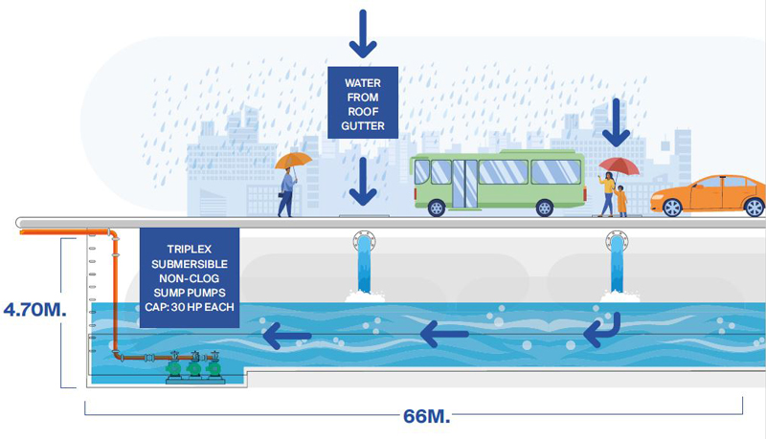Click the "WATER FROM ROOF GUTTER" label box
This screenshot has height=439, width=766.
pyautogui.click(x=363, y=102)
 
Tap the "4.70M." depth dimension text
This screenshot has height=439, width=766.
pyautogui.click(x=34, y=310)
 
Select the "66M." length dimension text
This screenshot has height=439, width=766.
pyautogui.click(x=426, y=417)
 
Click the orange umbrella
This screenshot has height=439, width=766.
pyautogui.click(x=293, y=160)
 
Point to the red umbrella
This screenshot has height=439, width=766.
pyautogui.click(x=619, y=165)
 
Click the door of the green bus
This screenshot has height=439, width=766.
pyautogui.click(x=464, y=183)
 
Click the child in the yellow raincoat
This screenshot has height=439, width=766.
pyautogui.click(x=620, y=201)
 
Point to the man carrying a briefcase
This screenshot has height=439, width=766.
pyautogui.click(x=286, y=192)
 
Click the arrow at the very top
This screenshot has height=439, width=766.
pyautogui.click(x=363, y=34)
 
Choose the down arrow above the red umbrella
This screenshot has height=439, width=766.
pyautogui.click(x=616, y=123)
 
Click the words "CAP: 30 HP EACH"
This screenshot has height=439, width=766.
pyautogui.click(x=189, y=307)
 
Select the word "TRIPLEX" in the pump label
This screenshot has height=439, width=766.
pyautogui.click(x=189, y=250)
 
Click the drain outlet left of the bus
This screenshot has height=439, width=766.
pyautogui.click(x=364, y=241)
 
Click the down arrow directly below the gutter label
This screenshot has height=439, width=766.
pyautogui.click(x=363, y=182)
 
